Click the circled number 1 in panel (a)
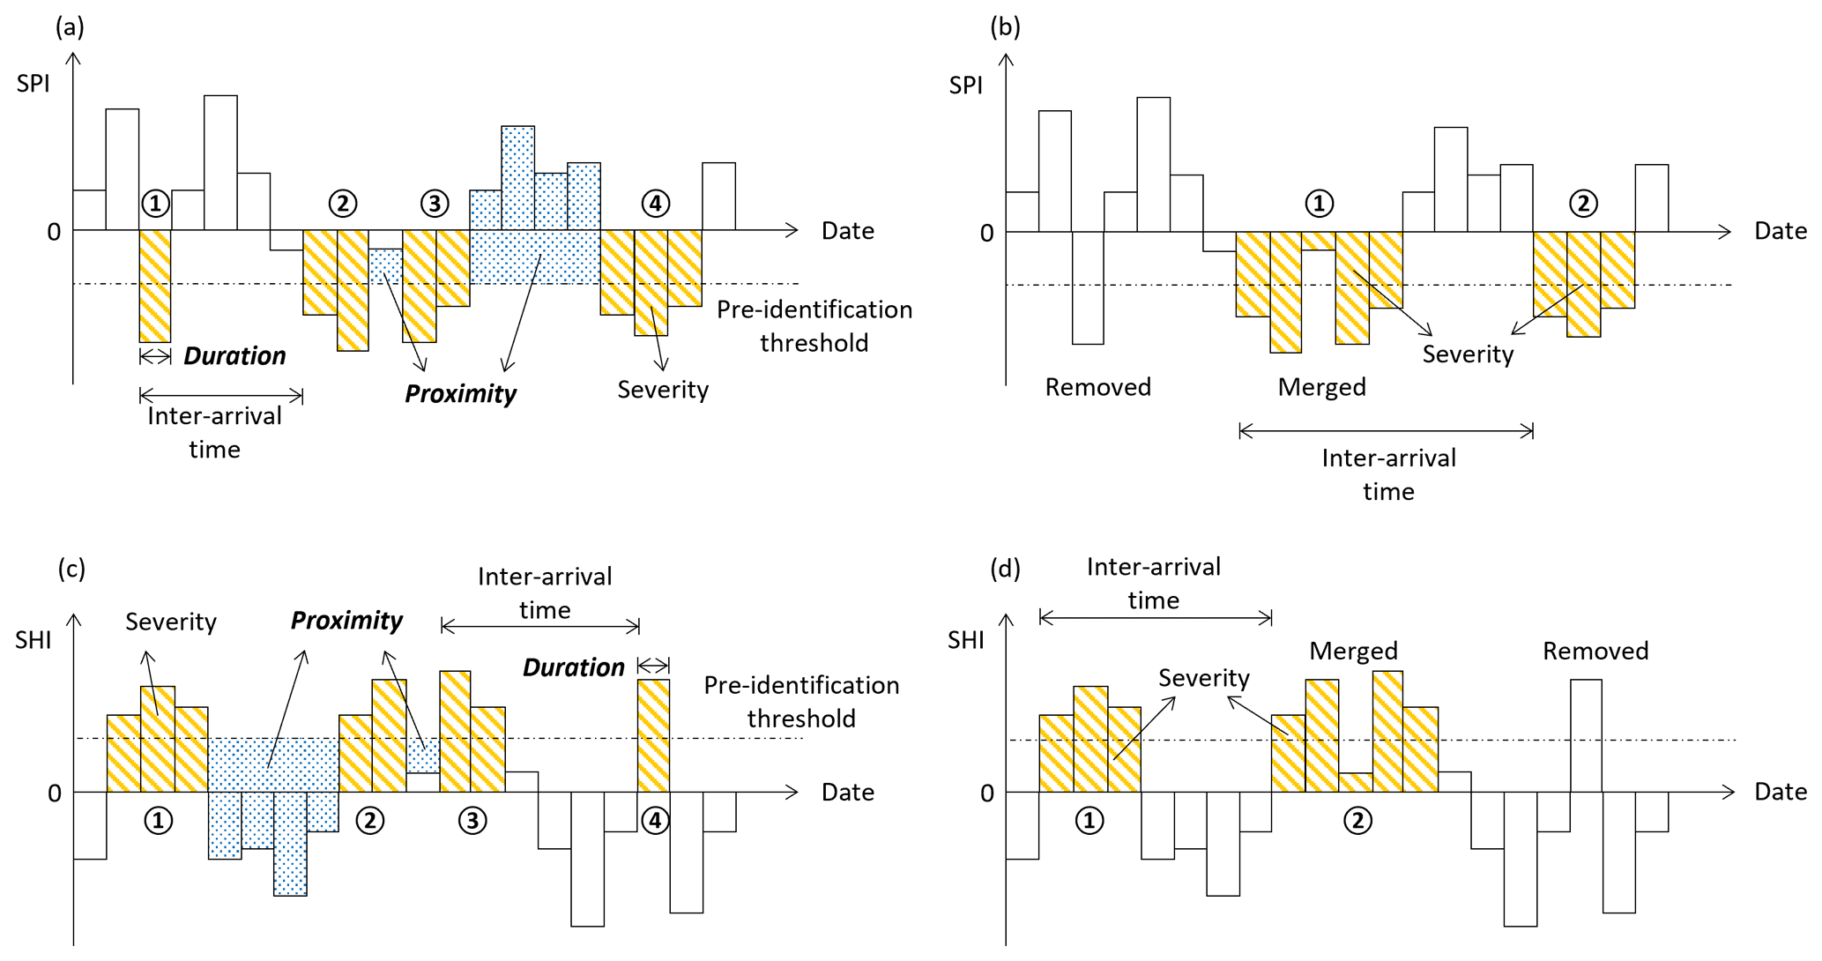point(155,204)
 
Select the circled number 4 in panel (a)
point(655,204)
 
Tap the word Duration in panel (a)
point(234,356)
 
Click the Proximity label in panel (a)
point(460,394)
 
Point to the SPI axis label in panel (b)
point(965,86)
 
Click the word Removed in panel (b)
point(1097,387)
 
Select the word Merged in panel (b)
point(1321,387)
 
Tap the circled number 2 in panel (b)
point(1583,204)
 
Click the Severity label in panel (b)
point(1468,354)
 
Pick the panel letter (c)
point(71,569)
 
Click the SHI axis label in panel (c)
point(33,640)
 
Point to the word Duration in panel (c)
point(573,667)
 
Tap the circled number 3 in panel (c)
point(472,821)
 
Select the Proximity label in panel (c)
point(346,621)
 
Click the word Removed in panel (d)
point(1595,652)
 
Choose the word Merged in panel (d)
point(1353,652)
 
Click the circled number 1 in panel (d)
point(1089,821)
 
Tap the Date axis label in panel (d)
point(1780,792)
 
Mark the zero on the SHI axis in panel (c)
point(55,793)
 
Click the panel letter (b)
point(1005,27)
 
